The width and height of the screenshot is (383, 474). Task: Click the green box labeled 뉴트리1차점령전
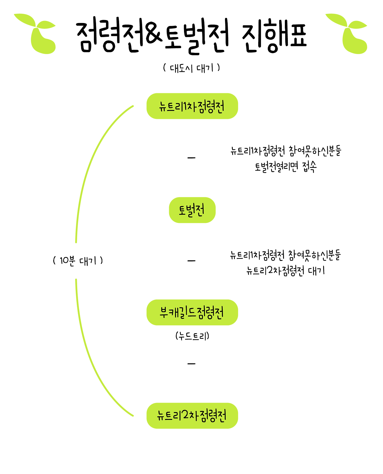(x=192, y=106)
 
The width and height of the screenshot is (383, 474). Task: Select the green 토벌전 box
(x=192, y=210)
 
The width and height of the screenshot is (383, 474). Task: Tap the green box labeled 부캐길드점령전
(x=192, y=312)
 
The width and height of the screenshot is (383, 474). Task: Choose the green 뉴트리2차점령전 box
(x=192, y=416)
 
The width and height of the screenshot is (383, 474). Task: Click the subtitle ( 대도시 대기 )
(x=191, y=68)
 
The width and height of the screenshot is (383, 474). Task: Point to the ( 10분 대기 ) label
(x=78, y=261)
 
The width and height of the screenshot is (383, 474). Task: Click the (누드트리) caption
(x=192, y=336)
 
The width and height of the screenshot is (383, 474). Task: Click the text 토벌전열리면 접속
(x=286, y=167)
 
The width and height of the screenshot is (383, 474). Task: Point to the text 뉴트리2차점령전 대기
(x=286, y=271)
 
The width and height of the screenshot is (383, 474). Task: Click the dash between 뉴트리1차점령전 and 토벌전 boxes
(x=191, y=158)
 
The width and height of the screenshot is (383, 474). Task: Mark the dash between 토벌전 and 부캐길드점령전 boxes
(x=191, y=261)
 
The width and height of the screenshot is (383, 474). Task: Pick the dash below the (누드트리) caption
(x=191, y=364)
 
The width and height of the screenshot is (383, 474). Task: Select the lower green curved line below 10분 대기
(x=90, y=359)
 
